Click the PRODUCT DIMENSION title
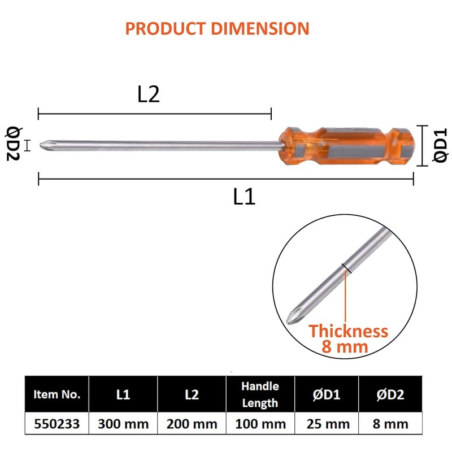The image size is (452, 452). click(x=217, y=28)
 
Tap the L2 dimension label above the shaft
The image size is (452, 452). click(x=149, y=95)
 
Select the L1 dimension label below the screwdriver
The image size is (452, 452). click(x=244, y=197)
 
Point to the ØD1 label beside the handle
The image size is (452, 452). click(x=440, y=146)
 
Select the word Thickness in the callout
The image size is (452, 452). click(x=348, y=331)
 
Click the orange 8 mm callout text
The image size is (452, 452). click(x=345, y=347)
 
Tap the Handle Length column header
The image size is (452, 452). click(x=260, y=394)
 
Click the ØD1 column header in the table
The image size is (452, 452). click(x=329, y=394)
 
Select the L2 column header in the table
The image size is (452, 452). click(x=192, y=394)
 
